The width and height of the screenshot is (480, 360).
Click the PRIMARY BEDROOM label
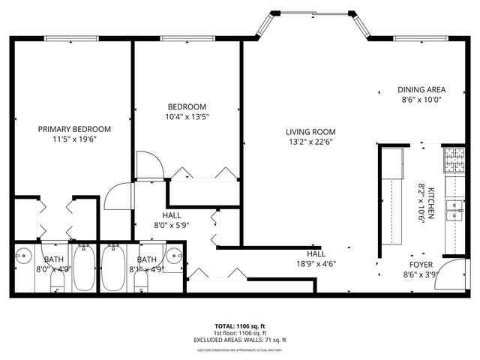click(x=74, y=129)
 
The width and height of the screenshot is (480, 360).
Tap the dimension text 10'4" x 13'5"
click(x=187, y=116)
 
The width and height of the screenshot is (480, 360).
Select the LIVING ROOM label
click(x=310, y=132)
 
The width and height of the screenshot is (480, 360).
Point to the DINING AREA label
click(x=421, y=89)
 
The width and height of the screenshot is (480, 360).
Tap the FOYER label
click(x=421, y=265)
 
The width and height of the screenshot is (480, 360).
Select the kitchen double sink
click(x=454, y=210)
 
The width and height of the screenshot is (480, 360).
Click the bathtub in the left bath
click(x=84, y=268)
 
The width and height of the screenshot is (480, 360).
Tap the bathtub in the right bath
click(x=113, y=268)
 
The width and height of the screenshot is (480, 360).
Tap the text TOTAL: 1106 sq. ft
click(x=239, y=326)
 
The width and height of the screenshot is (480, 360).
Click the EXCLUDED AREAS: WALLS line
click(x=239, y=340)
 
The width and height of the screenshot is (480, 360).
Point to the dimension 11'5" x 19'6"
click(x=74, y=139)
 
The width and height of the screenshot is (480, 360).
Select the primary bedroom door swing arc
click(x=117, y=196)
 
